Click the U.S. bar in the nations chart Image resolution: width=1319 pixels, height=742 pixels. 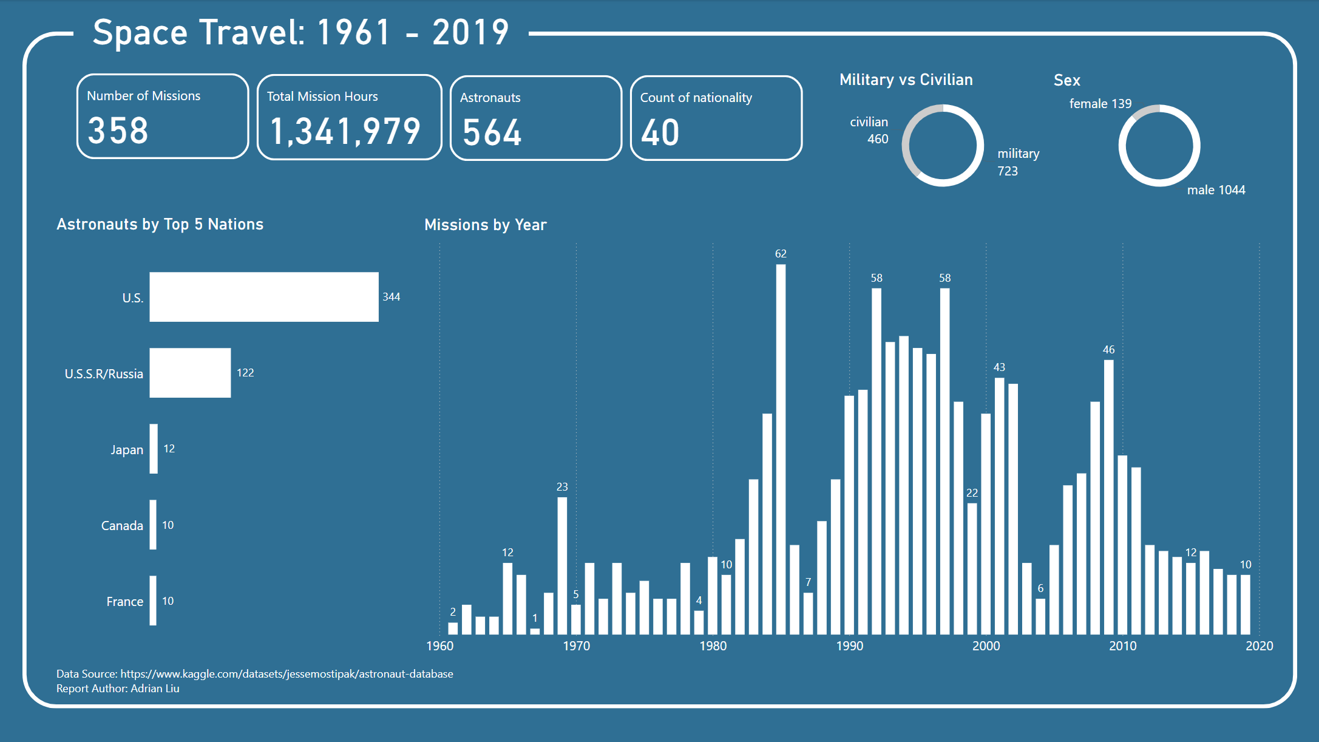(263, 297)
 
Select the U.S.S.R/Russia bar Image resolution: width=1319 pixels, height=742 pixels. (190, 373)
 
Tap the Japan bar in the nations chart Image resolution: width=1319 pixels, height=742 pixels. (154, 449)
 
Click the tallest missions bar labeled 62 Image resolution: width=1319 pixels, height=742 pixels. (781, 449)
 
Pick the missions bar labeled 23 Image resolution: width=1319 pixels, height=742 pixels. (562, 565)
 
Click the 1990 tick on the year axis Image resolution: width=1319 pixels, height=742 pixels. (849, 646)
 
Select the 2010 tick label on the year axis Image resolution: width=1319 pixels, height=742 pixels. (1122, 646)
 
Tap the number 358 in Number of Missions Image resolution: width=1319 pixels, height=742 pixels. (118, 131)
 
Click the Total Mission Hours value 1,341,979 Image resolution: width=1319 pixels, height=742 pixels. (345, 132)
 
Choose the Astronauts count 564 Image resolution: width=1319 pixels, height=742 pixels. (492, 133)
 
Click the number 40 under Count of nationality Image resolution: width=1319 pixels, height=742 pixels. (660, 133)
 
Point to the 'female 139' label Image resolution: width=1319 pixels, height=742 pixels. (1100, 104)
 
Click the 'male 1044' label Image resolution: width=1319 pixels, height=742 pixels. (1216, 190)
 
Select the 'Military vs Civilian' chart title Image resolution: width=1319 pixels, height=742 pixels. (906, 80)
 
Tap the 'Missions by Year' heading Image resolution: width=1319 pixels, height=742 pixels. (486, 225)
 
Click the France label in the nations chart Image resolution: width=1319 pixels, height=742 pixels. (124, 602)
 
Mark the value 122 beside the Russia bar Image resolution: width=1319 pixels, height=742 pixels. (245, 373)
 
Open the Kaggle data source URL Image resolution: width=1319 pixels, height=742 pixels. (287, 674)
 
